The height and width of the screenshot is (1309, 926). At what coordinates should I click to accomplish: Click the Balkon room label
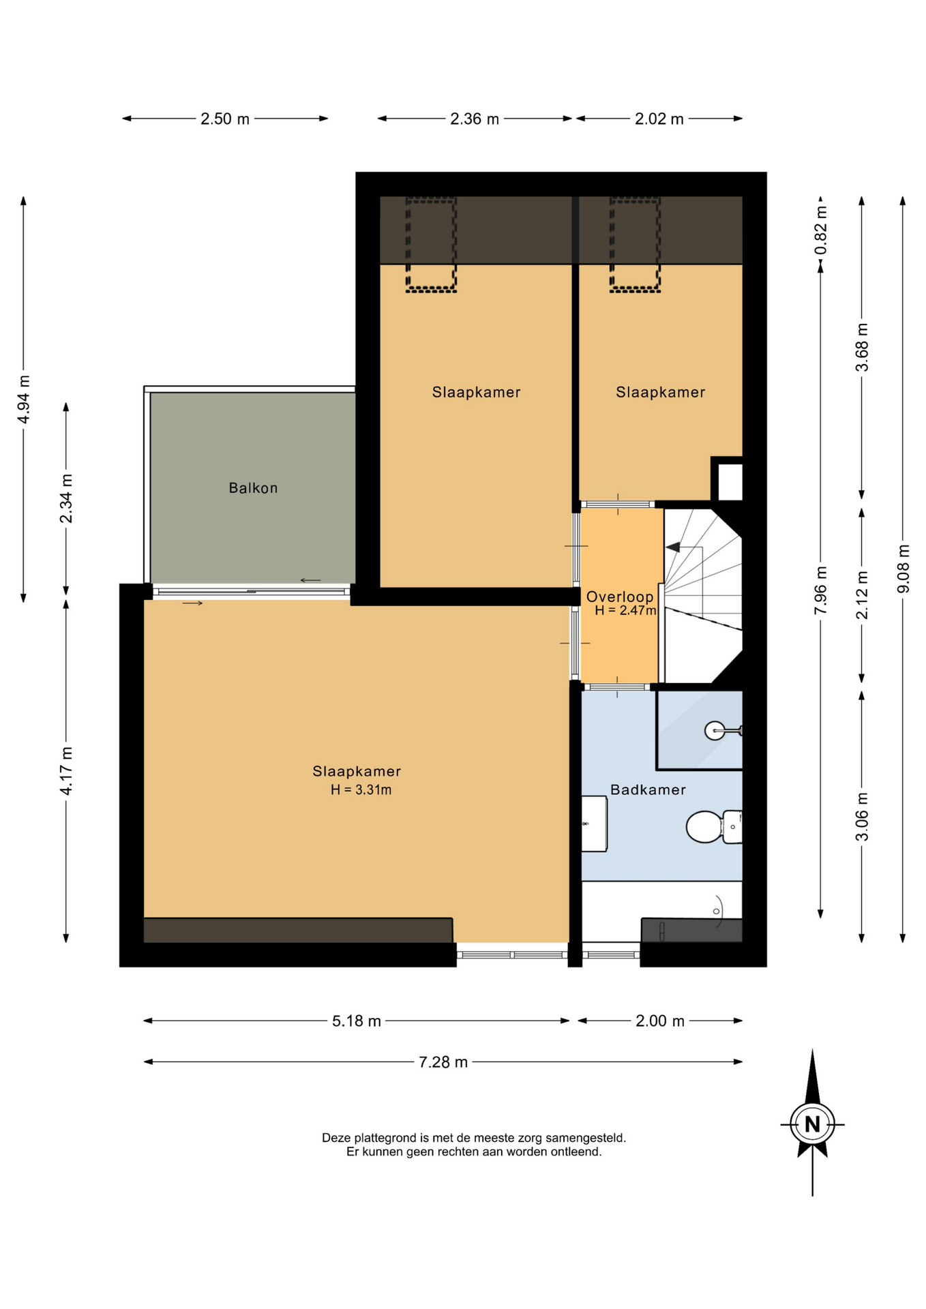point(253,487)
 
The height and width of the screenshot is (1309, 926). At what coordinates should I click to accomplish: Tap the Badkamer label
point(648,789)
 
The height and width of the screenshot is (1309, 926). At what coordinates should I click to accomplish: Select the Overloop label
point(620,597)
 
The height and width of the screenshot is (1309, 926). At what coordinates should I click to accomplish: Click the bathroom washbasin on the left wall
point(594,824)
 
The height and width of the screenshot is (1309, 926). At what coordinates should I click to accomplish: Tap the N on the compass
point(812,1124)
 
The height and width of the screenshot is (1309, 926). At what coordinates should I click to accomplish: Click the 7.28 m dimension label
point(443,1062)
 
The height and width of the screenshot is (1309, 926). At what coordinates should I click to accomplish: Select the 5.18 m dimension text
point(357,1021)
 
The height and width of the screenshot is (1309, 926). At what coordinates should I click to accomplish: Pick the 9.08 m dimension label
point(903,568)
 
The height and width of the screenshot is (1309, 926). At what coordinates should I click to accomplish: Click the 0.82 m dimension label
point(821,230)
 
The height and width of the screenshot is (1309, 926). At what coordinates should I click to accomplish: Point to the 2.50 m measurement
point(225,119)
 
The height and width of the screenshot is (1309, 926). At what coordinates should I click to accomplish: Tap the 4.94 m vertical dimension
point(24,399)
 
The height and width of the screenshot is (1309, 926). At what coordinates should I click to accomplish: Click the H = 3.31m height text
point(361,789)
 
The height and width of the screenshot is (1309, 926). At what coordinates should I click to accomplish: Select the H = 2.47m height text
point(625,610)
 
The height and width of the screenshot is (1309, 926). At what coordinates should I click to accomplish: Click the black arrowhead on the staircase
point(673,547)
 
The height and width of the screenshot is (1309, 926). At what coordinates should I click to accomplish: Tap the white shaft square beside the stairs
point(730,481)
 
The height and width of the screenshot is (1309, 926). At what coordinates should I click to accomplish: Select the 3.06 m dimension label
point(863,817)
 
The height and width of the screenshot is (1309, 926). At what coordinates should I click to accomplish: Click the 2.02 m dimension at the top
point(659,119)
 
